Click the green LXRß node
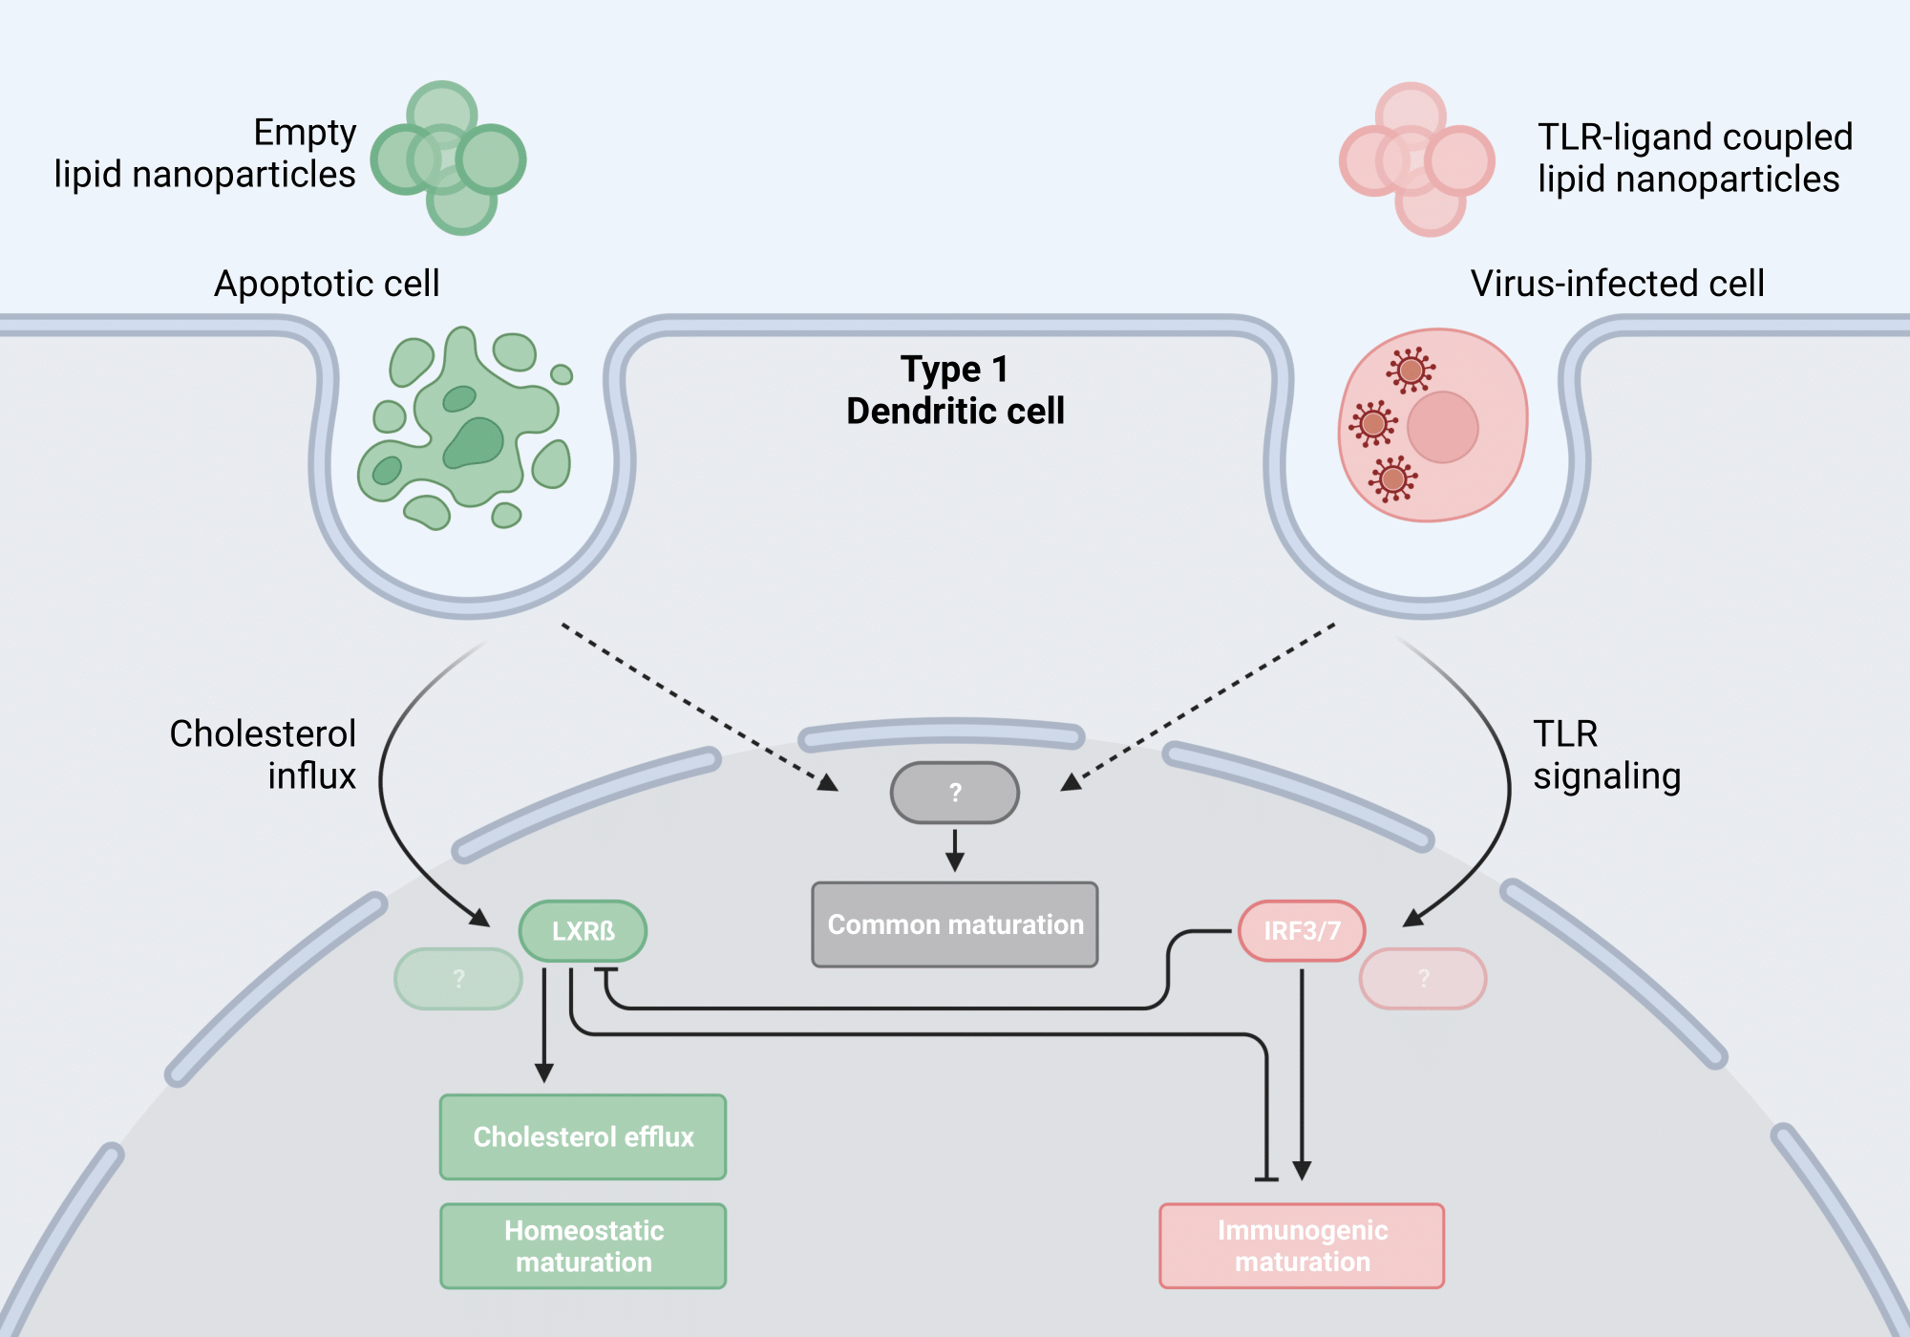pos(583,931)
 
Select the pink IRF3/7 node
pos(1302,931)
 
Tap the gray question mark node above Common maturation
pos(955,793)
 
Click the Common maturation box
pos(955,924)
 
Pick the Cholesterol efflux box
pos(583,1136)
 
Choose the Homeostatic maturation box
pos(583,1246)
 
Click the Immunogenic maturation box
pos(1302,1246)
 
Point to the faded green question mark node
pos(458,979)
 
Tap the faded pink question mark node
pos(1423,979)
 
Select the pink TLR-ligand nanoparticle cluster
pos(1416,159)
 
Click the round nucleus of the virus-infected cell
pos(1442,427)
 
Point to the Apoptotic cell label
pos(327,284)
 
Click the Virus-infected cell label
pos(1617,284)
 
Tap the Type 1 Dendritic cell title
pos(955,390)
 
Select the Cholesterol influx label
pos(263,754)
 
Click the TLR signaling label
pos(1606,754)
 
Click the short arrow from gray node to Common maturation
pos(955,850)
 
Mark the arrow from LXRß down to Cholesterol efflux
pos(544,1027)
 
